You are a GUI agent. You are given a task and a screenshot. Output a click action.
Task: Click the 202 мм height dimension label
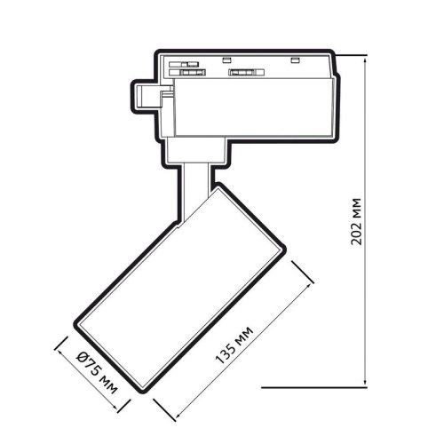pos(357,219)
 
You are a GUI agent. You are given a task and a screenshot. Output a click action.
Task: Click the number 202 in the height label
pos(357,230)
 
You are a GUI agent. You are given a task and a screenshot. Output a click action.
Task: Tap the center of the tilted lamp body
pos(181,288)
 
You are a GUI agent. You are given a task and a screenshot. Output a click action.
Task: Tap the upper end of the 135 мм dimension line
pos(313,281)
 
